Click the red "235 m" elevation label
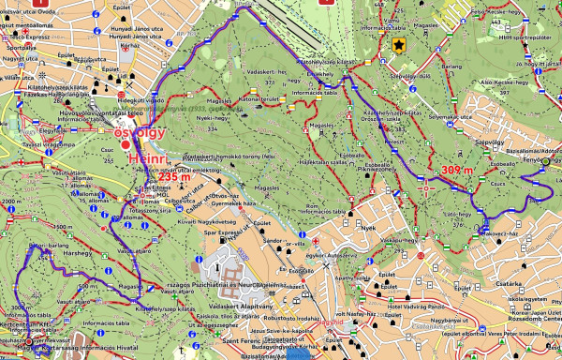[x=174, y=175]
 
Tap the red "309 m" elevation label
[x=456, y=170]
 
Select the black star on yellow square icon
[x=399, y=44]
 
